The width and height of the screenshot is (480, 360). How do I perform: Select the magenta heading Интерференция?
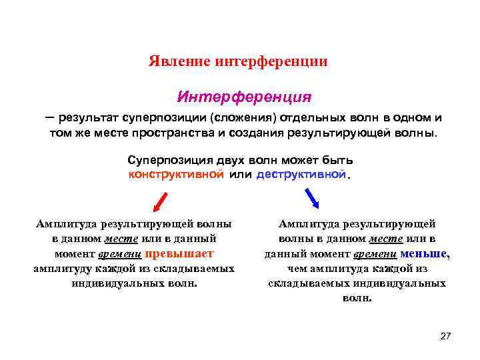click(x=243, y=97)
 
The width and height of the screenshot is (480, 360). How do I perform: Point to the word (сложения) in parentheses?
click(x=245, y=117)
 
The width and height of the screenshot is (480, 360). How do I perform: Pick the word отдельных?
click(x=309, y=117)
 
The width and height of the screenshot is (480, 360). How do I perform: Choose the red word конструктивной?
click(x=176, y=174)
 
